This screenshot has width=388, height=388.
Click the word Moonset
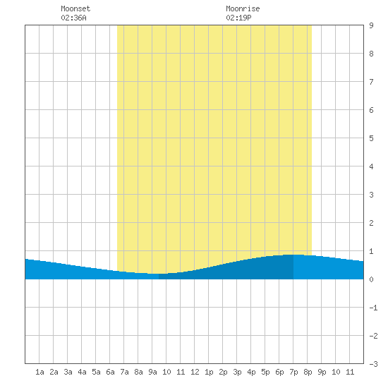(75, 8)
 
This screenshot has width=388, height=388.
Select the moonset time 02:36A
(73, 18)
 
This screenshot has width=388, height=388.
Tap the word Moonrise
(243, 8)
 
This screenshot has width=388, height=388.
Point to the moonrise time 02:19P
(238, 18)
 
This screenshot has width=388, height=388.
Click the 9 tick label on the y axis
(371, 25)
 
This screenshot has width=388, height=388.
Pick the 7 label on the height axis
(371, 82)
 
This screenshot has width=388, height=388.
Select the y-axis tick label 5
(371, 138)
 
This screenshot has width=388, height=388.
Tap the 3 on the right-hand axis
(371, 195)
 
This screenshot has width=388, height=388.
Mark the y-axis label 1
(371, 251)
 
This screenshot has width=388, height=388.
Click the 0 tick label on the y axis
(371, 279)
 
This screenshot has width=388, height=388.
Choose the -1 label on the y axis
(373, 308)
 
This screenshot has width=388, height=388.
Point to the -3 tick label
(373, 364)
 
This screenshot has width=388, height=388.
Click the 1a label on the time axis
(40, 372)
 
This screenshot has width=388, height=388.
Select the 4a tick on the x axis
(82, 372)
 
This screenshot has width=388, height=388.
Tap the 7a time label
(124, 372)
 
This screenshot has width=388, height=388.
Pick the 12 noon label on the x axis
(195, 372)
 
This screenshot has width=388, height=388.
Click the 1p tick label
(209, 372)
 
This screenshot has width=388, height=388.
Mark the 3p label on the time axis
(237, 372)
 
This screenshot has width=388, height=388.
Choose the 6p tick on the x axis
(279, 372)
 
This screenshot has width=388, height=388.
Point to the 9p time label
(322, 372)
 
